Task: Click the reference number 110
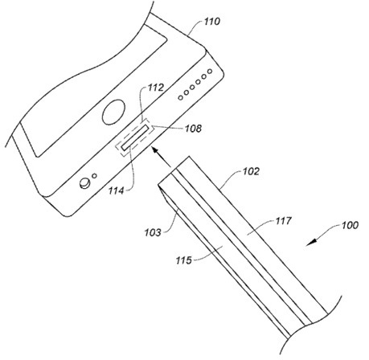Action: click(212, 22)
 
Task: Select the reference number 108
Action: click(193, 129)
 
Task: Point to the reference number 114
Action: click(116, 191)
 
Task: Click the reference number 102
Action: click(251, 171)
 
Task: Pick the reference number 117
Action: click(283, 221)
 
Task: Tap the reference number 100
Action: click(350, 225)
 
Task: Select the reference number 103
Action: click(153, 232)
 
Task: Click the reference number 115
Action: click(184, 260)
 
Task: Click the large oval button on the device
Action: click(114, 112)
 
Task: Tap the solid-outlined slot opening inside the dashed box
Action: click(135, 137)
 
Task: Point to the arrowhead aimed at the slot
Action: click(155, 150)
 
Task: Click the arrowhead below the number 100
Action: click(311, 243)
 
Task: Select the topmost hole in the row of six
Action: click(210, 72)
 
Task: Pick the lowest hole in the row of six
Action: click(181, 97)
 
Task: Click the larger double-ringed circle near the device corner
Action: click(84, 183)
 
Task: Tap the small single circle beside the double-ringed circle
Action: click(94, 176)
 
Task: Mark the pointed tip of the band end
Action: click(158, 184)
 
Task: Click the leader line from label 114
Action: click(130, 170)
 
